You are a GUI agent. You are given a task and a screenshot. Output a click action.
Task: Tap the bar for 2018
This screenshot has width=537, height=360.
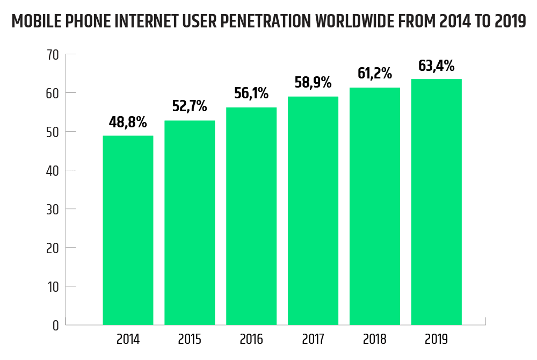[x=375, y=206]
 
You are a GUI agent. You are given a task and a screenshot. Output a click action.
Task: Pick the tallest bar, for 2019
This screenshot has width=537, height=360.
[x=437, y=202]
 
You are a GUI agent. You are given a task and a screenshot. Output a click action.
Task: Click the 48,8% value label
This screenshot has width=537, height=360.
[x=128, y=123]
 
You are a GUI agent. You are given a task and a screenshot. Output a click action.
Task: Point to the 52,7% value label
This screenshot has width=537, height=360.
[x=190, y=106]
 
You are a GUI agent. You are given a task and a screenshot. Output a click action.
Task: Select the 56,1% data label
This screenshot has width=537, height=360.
[x=251, y=93]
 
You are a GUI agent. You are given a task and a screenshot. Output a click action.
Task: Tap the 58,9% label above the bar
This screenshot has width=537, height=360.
[x=313, y=83]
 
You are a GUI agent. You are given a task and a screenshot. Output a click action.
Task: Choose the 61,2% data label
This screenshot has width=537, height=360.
[x=375, y=73]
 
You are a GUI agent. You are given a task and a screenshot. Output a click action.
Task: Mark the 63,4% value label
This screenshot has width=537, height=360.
[x=437, y=66]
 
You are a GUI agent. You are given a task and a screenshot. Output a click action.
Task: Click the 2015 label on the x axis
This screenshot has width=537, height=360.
[x=190, y=340]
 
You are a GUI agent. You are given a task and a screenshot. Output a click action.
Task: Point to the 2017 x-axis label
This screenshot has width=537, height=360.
[x=313, y=340]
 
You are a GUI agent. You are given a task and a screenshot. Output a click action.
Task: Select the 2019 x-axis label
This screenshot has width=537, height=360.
[x=437, y=340]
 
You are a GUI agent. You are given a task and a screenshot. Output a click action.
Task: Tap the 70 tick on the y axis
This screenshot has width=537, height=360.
[x=52, y=54]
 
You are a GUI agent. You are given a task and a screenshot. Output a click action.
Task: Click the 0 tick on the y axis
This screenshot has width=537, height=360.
[x=55, y=325]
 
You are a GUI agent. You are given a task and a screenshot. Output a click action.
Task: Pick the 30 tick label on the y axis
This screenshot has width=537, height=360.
[x=52, y=209]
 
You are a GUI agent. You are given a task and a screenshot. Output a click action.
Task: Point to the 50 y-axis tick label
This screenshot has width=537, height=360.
[x=52, y=132]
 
